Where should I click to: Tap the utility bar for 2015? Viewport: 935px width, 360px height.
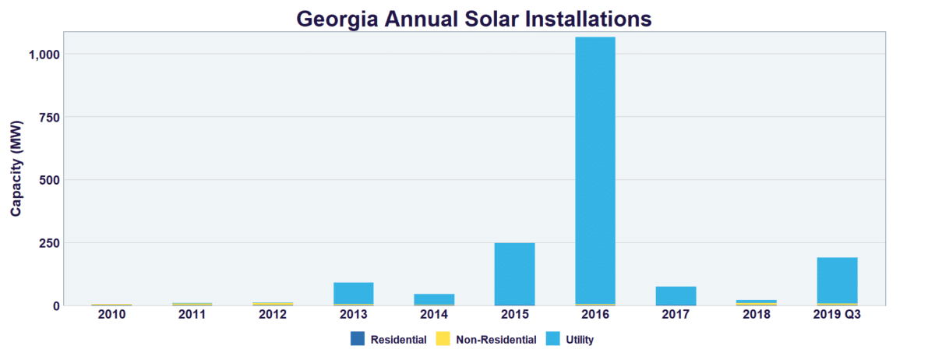[514, 273]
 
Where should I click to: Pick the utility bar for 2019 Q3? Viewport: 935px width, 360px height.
[837, 280]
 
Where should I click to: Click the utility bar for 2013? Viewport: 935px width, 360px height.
[353, 292]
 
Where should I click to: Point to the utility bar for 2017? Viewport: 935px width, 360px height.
[676, 295]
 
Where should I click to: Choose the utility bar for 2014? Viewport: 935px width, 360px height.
[434, 299]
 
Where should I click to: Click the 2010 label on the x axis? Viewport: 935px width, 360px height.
[111, 315]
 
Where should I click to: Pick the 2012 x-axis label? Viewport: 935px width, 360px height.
[273, 315]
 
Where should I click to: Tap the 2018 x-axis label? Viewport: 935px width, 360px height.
[757, 315]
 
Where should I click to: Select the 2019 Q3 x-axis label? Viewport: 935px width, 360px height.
[837, 315]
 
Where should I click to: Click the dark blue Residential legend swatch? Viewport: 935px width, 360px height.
[358, 339]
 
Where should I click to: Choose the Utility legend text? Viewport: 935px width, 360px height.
[580, 340]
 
